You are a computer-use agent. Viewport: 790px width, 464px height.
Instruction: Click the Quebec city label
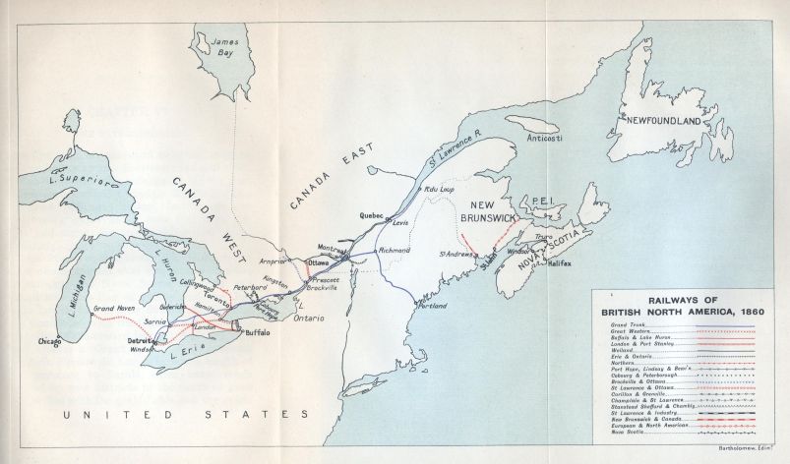coord(371,215)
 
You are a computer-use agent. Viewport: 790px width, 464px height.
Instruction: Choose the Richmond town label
coord(394,251)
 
